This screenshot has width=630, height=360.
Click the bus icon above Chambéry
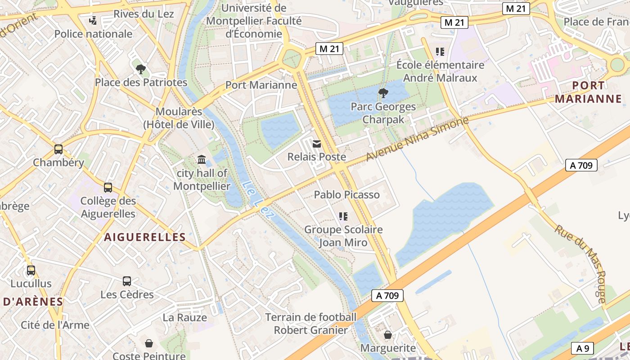pos(58,149)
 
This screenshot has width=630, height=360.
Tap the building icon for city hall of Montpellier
pos(202,160)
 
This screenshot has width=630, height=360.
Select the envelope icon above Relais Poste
pos(317,144)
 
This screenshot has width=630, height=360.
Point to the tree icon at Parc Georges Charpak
pos(383,94)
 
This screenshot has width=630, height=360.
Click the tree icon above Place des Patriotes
pos(141,69)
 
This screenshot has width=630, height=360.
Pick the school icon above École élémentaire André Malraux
pos(440,52)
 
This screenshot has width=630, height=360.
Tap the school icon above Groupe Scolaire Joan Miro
pos(343,216)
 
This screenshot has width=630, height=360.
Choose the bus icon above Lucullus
pos(31,270)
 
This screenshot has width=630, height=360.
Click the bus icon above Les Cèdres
pos(127,281)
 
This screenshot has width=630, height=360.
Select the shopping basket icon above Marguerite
pos(388,335)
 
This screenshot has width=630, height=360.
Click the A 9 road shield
pos(583,348)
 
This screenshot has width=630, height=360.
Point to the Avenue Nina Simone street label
pos(417,139)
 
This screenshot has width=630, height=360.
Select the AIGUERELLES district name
pos(145,237)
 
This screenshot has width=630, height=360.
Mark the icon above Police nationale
pos(93,20)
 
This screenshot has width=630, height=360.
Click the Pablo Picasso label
pos(346,195)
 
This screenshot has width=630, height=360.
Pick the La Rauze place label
pos(184,317)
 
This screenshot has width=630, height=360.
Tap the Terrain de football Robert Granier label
pos(311,324)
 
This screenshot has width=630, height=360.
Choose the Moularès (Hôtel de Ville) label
pos(179,118)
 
